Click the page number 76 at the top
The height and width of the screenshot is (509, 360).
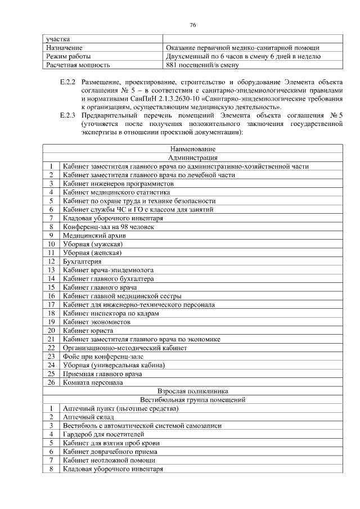coord(192,25)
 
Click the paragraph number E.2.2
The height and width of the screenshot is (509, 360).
coord(67,82)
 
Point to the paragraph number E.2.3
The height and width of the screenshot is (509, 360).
coord(67,116)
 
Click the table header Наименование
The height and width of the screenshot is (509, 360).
coord(192,149)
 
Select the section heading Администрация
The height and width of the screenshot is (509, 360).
coord(192,158)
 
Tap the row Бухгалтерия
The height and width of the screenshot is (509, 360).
coord(82,261)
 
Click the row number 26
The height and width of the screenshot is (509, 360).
coord(51,382)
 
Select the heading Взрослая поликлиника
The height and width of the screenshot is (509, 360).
coord(192,390)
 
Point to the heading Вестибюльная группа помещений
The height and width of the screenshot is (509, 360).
coord(192,399)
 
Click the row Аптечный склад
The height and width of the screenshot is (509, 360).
coord(88,417)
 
